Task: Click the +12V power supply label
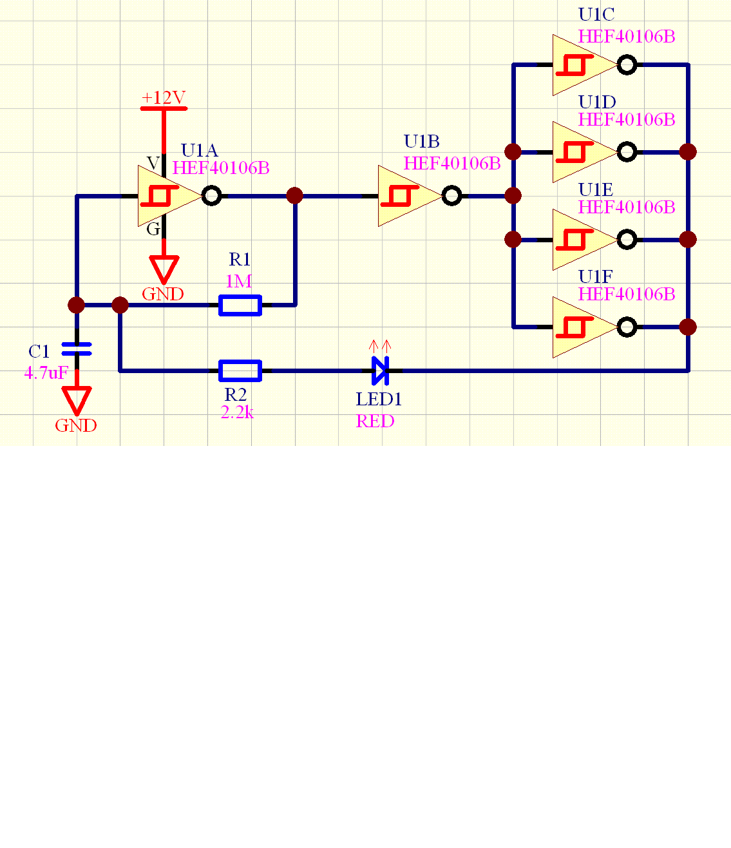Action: [x=164, y=98]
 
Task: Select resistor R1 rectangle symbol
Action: [x=240, y=305]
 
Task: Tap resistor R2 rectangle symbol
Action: [x=240, y=371]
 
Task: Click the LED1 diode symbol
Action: [x=381, y=371]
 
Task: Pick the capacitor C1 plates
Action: [x=76, y=349]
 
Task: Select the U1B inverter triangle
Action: [x=406, y=196]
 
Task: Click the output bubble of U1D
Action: [x=627, y=152]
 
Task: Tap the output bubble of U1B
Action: [x=452, y=196]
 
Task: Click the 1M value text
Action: [x=238, y=282]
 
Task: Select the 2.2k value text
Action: [x=237, y=413]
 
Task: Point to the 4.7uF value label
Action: [x=46, y=372]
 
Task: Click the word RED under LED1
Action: [x=375, y=421]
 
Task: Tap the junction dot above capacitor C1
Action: [x=76, y=305]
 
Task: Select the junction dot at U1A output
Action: [x=294, y=195]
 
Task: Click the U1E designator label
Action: [x=596, y=189]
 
